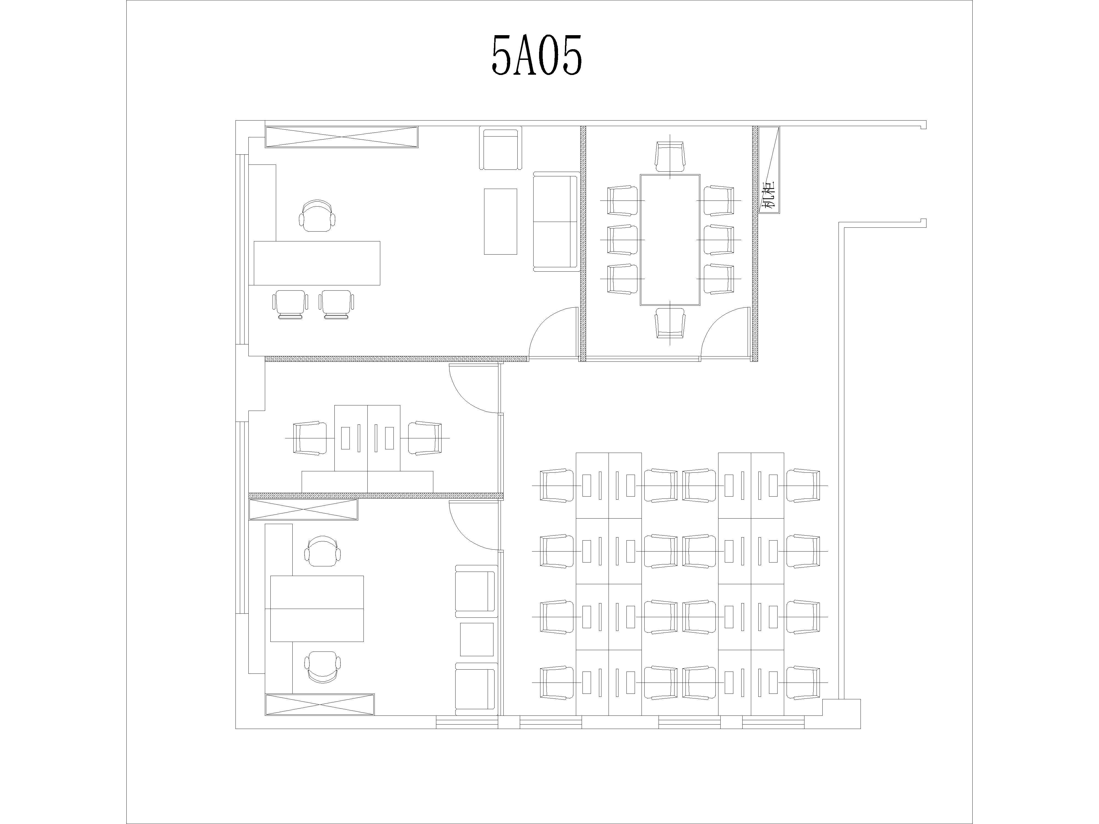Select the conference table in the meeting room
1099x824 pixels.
tap(670, 240)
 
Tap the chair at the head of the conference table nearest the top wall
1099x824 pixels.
tap(670, 157)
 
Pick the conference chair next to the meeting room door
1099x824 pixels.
tap(670, 323)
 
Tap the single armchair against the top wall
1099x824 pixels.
tap(501, 148)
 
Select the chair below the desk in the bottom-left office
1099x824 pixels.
tap(323, 667)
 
